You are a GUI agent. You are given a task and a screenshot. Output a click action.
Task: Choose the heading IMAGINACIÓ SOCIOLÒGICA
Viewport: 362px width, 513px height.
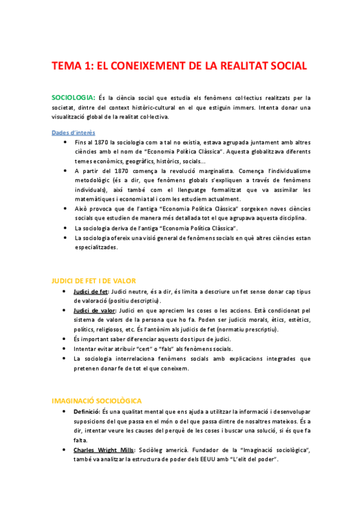pos(97,384)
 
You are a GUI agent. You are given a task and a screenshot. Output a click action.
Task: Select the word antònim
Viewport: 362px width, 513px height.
pos(199,329)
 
